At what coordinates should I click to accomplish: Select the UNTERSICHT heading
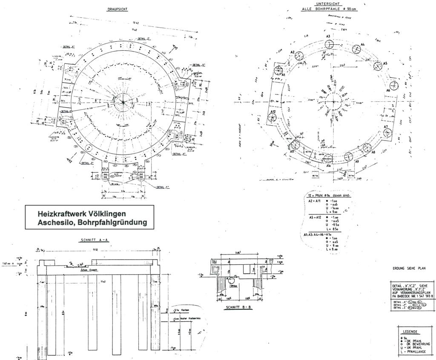click(x=328, y=4)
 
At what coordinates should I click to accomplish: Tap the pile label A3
click(x=328, y=36)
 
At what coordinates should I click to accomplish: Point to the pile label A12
click(x=275, y=111)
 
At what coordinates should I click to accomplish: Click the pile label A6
click(x=388, y=91)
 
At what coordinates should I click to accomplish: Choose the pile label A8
click(x=373, y=152)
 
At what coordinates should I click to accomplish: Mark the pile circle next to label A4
click(x=356, y=49)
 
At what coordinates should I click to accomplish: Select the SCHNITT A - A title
click(x=95, y=240)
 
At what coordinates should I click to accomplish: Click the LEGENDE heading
click(x=411, y=331)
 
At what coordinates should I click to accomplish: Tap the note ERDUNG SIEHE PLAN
click(x=408, y=269)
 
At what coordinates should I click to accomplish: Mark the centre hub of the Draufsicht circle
click(x=123, y=102)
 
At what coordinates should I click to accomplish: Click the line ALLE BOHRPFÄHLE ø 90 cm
click(x=329, y=9)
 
